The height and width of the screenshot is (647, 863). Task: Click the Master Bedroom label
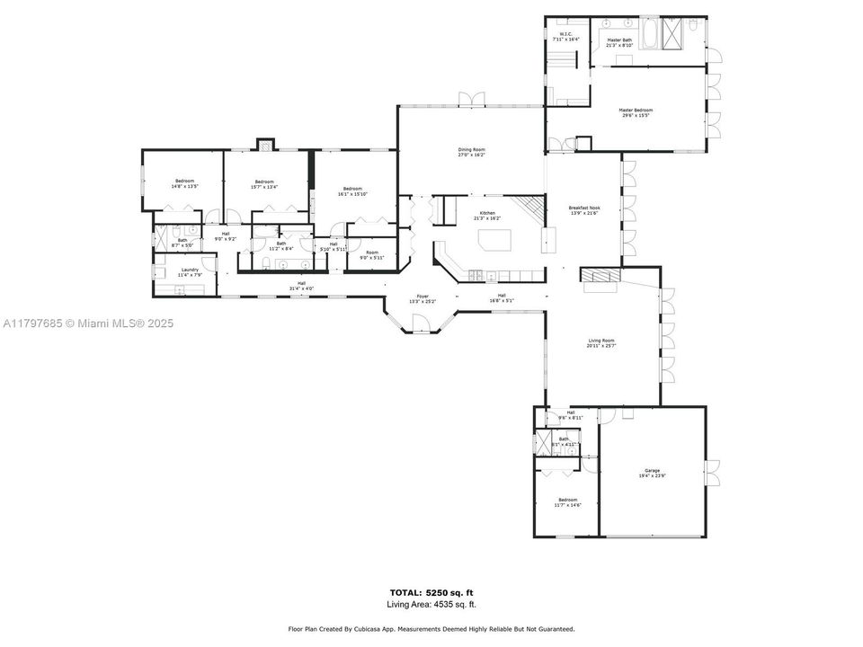634,111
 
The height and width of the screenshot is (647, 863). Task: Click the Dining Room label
471,150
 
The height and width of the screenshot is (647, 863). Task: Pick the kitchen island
494,240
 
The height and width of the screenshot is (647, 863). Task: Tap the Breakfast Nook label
583,208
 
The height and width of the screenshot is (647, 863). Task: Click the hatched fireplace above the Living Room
600,275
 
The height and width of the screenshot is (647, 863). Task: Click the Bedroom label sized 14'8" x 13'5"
184,182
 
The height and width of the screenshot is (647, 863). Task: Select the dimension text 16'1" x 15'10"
352,194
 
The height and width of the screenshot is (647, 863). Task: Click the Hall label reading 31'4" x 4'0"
301,288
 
